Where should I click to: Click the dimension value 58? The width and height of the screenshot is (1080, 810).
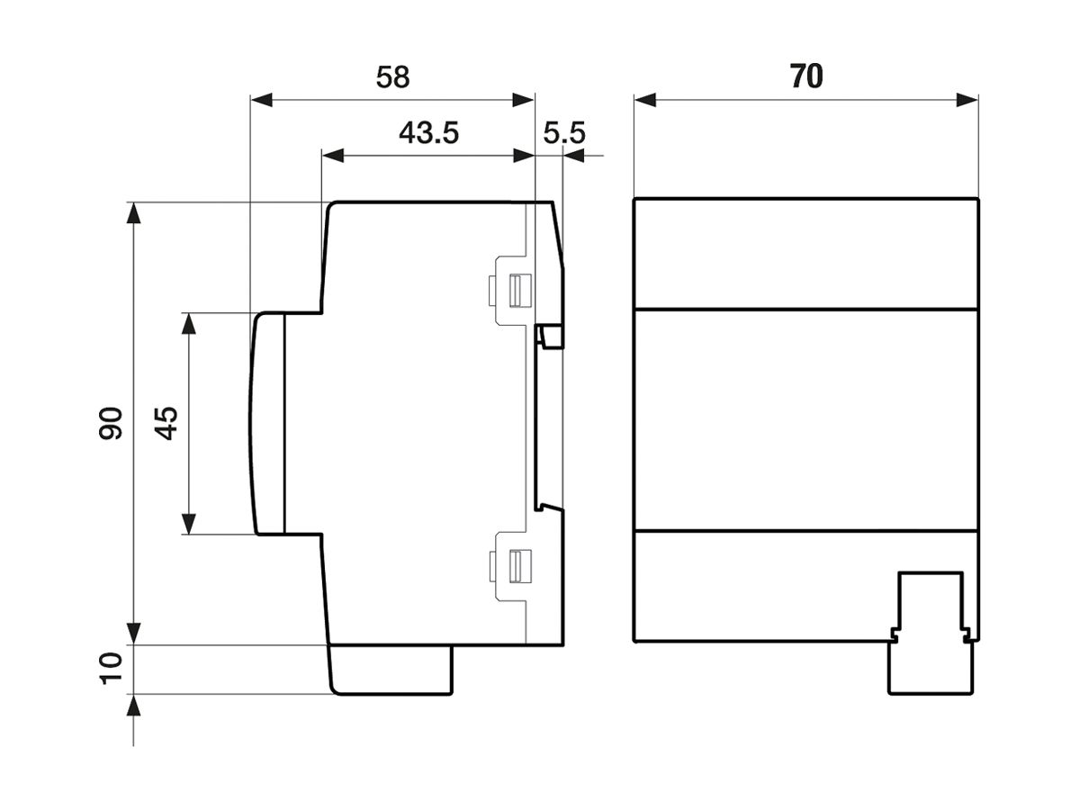tap(392, 77)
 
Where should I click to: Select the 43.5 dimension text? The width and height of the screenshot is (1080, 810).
tap(428, 133)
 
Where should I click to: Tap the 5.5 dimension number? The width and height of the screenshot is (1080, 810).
tap(564, 133)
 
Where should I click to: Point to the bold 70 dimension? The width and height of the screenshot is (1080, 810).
tap(806, 77)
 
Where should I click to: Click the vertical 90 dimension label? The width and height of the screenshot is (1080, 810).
tap(111, 423)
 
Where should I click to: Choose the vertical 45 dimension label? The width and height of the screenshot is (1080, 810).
tap(166, 423)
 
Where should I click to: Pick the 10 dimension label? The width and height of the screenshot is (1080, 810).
tap(111, 669)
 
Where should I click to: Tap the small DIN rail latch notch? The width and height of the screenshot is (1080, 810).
tap(550, 337)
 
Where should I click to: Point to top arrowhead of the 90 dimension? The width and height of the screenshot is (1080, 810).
tap(133, 213)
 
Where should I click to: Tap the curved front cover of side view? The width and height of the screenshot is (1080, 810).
tap(267, 423)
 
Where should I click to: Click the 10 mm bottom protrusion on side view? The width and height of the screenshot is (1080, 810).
tap(391, 670)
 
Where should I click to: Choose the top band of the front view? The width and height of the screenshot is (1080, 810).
tap(805, 253)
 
